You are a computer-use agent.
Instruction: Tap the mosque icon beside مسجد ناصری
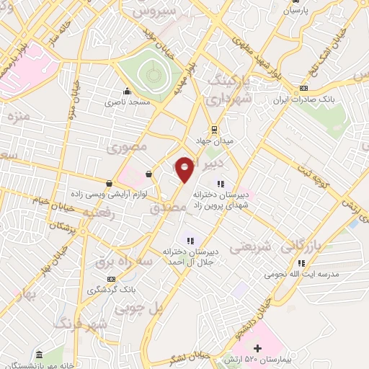[x=128, y=91]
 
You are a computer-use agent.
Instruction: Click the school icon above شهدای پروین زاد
[x=221, y=183]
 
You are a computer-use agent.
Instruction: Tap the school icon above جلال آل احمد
[x=190, y=241]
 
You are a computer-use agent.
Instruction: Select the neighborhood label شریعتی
[x=250, y=247]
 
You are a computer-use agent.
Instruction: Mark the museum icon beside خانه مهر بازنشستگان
[x=38, y=355]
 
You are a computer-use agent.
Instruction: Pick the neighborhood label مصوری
[x=127, y=148]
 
